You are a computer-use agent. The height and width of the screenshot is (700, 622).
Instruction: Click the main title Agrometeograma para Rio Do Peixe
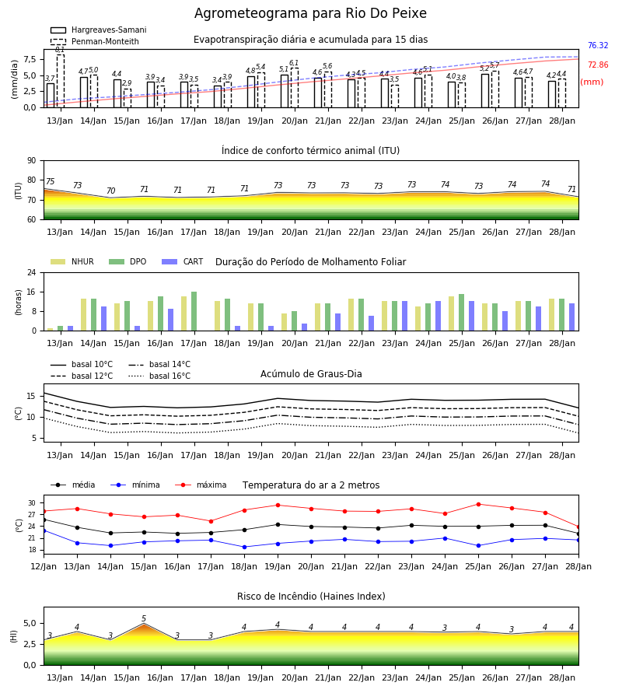point(310,13)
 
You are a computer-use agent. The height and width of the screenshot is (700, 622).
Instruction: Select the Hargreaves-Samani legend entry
point(98,30)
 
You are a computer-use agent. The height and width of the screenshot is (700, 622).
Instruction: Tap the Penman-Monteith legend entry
point(95,41)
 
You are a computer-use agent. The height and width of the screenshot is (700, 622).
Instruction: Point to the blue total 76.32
point(598,46)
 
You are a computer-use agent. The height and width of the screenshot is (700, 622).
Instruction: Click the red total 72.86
point(598,65)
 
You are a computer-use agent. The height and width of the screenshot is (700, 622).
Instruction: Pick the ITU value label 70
point(110,191)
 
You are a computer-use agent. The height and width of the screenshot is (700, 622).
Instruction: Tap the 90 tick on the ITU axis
point(31,161)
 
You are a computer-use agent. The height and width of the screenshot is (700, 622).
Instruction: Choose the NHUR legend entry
point(72,261)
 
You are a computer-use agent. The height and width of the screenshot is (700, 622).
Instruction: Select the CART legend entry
point(183,261)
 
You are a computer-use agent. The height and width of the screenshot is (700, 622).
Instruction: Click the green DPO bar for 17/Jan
point(194,311)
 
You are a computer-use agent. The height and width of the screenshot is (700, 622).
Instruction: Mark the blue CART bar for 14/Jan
point(104,319)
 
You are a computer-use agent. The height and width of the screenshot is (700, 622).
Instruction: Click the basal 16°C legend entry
point(159,376)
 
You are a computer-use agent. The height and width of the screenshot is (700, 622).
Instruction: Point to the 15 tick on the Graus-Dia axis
point(31,396)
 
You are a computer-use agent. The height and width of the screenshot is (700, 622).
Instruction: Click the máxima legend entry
point(201,485)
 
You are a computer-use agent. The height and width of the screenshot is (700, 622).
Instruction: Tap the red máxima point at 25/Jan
point(479,505)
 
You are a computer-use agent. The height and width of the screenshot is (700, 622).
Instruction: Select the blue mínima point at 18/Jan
point(244,547)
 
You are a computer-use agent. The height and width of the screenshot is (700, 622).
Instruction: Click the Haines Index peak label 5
point(144,619)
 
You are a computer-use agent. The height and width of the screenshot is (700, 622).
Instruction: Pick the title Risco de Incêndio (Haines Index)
point(311,597)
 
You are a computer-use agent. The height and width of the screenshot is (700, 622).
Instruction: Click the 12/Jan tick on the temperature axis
point(44,566)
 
